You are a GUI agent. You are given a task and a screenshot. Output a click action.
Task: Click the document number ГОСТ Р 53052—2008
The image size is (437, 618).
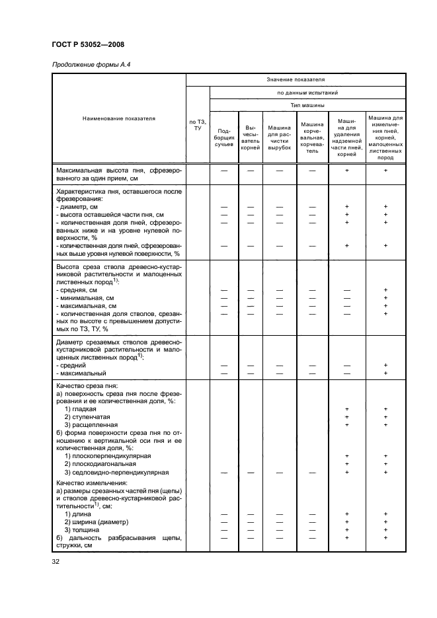(87, 44)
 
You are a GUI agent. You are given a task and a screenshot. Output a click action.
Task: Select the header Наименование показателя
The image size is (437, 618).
(119, 119)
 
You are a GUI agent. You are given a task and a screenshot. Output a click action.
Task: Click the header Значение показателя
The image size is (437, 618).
(296, 79)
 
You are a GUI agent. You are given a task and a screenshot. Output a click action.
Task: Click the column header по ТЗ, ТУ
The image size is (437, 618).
(198, 124)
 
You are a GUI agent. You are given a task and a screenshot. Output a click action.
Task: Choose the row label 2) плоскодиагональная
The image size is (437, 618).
(98, 464)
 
